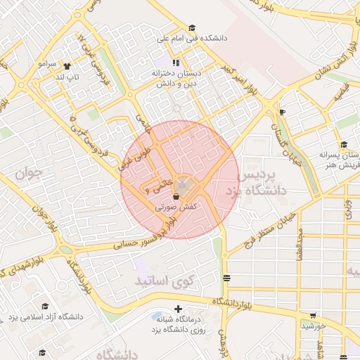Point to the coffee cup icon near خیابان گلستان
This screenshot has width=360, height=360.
pyautogui.click(x=282, y=112)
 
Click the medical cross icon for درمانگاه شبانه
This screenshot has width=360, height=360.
pyautogui.click(x=178, y=308)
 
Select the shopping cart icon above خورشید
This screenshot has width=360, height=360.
pyautogui.click(x=312, y=316)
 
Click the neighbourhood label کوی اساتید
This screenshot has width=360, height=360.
pyautogui.click(x=158, y=281)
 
